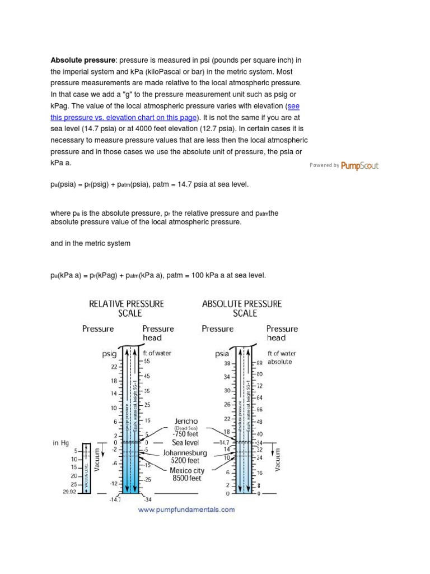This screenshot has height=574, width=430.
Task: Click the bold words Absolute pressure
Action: pyautogui.click(x=83, y=60)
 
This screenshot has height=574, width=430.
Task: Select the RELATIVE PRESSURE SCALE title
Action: pyautogui.click(x=127, y=308)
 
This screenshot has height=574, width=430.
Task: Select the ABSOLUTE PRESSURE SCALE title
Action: pyautogui.click(x=242, y=308)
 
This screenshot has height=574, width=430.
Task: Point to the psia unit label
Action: pyautogui.click(x=222, y=354)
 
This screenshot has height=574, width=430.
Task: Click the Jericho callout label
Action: pyautogui.click(x=186, y=421)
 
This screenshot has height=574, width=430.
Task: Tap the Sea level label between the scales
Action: pyautogui.click(x=185, y=443)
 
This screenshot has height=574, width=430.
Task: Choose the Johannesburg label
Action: pyautogui.click(x=185, y=452)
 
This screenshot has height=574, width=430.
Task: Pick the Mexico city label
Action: pyautogui.click(x=187, y=471)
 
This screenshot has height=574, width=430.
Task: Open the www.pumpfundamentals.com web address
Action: pyautogui.click(x=186, y=510)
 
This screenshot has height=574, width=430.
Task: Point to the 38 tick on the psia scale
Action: pyautogui.click(x=227, y=363)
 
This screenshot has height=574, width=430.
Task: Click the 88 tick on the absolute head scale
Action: pyautogui.click(x=259, y=363)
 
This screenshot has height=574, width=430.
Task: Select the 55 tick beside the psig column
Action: pyautogui.click(x=147, y=362)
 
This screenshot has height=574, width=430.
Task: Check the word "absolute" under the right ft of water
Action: pyautogui.click(x=280, y=362)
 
